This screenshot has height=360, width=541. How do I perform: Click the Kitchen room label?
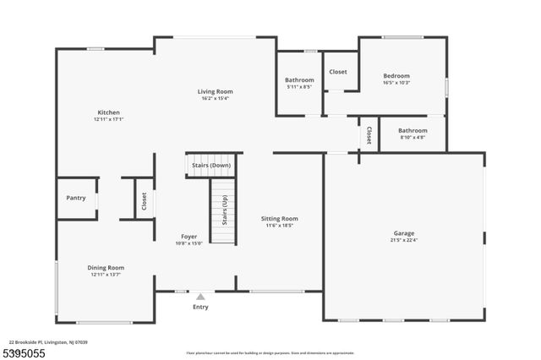click(x=107, y=112)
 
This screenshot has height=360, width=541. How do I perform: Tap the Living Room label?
click(x=215, y=91)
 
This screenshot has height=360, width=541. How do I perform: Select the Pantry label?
click(x=76, y=198)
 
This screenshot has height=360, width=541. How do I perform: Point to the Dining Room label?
click(x=107, y=268)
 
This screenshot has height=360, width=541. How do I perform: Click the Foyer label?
click(x=189, y=237)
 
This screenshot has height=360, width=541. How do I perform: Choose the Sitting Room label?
click(x=279, y=219)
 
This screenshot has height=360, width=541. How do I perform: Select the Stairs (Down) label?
click(x=211, y=166)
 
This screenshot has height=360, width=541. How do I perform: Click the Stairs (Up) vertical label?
click(x=224, y=211)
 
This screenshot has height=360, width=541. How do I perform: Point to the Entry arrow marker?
click(x=200, y=297)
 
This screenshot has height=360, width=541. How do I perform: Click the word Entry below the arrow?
click(x=200, y=308)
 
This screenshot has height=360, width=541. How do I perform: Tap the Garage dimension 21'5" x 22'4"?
click(x=403, y=240)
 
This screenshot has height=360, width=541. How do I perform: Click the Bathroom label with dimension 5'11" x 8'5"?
click(x=299, y=79)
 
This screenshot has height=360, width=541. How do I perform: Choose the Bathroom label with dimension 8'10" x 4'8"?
click(x=413, y=130)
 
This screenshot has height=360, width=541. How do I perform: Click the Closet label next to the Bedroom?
click(x=338, y=73)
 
